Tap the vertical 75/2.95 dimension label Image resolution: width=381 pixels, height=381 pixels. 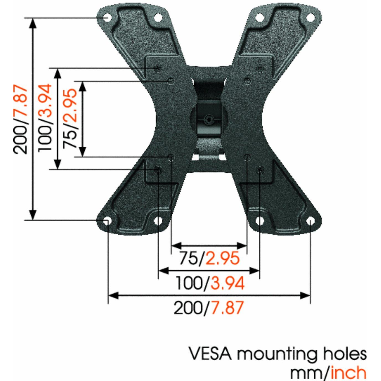(x=70, y=118)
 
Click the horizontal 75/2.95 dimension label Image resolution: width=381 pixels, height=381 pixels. (x=209, y=258)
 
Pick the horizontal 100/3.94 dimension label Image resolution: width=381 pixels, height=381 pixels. (x=210, y=283)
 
